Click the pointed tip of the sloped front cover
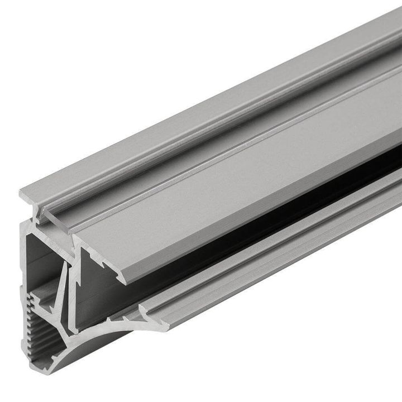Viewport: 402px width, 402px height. [125, 281]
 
